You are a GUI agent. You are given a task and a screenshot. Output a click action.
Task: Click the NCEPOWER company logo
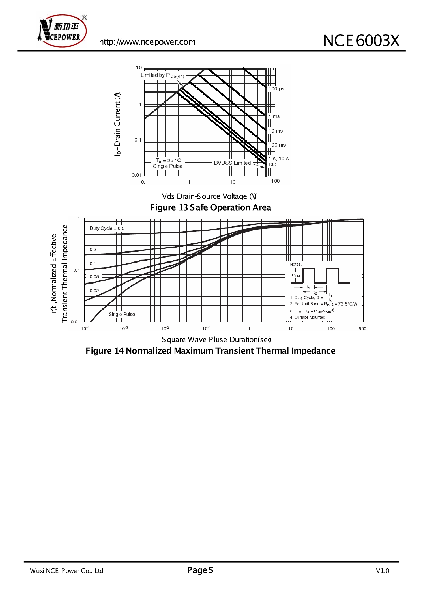[63, 31]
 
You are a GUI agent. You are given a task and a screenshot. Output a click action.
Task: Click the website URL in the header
[147, 42]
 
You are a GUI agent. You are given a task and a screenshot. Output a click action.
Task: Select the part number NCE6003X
[361, 40]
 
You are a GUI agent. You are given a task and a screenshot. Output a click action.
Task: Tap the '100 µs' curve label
[276, 89]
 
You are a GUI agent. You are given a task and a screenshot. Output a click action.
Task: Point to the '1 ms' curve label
[274, 116]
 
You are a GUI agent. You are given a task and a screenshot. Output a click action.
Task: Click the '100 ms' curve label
[277, 145]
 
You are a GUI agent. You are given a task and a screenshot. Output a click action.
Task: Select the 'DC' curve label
[272, 164]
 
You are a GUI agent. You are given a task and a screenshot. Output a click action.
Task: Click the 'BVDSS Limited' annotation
[232, 163]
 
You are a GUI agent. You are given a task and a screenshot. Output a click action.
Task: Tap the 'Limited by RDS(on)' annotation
[162, 75]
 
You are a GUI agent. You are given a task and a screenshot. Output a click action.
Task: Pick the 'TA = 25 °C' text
[168, 160]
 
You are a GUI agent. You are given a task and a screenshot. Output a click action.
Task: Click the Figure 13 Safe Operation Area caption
[211, 207]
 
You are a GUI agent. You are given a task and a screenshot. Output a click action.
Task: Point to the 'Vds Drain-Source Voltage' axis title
[209, 196]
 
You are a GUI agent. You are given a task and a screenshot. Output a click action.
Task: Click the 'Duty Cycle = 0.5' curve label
[107, 228]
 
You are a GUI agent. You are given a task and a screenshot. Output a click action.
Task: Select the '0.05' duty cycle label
[94, 277]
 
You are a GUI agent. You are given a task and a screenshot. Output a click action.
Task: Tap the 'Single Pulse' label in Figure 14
[122, 314]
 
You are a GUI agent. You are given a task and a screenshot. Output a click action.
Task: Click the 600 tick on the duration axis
[362, 329]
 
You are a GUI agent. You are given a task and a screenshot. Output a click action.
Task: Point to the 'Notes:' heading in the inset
[296, 264]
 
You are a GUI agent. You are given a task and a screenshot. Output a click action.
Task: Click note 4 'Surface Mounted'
[308, 317]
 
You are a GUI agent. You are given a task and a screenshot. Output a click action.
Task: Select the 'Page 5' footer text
[200, 570]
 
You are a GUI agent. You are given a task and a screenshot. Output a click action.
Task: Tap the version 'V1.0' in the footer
[383, 571]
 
